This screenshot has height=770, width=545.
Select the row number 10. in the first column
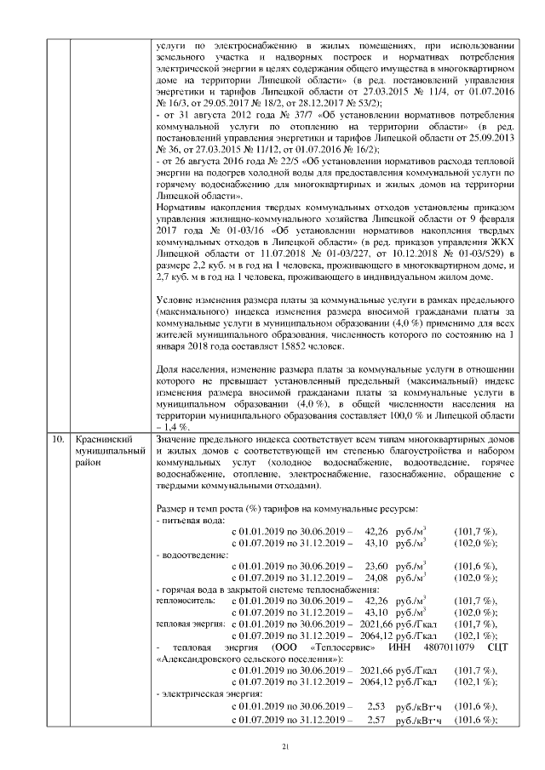click(58, 440)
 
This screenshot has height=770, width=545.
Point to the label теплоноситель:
click(186, 601)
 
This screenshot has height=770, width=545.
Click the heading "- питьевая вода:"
click(191, 518)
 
